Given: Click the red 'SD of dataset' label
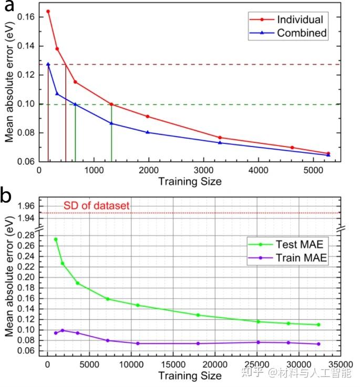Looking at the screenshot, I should coord(96,206).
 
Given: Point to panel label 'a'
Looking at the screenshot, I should coord(9,8).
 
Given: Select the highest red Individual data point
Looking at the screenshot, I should coord(48,11).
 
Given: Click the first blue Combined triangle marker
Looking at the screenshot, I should coord(48,65).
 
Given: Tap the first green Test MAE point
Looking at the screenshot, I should coord(56,239).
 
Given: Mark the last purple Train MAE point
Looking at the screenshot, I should coord(318,344).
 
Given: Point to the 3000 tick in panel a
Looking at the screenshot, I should coord(203,171).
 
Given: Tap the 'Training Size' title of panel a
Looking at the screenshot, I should coord(189,182).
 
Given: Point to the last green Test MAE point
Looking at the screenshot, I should coord(318,325).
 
